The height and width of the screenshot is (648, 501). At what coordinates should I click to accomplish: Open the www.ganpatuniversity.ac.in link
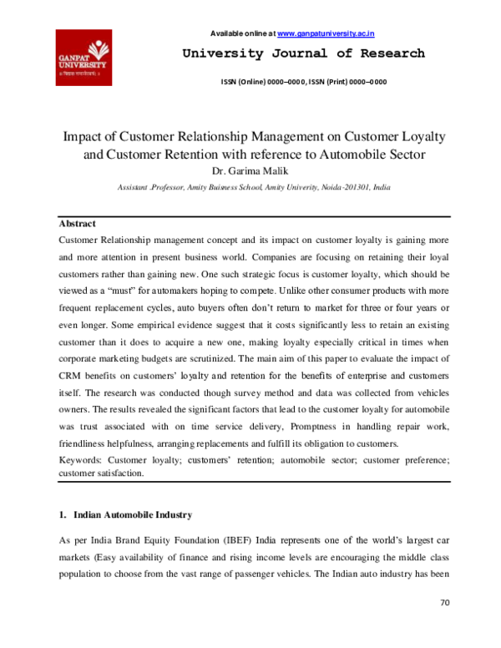pos(325,33)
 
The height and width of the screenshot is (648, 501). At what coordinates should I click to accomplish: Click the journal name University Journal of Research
pos(303,53)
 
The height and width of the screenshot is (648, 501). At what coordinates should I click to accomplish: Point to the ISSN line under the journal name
pos(303,82)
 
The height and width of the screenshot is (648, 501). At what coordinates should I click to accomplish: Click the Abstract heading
pos(77,224)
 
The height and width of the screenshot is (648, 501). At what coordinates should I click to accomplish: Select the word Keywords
pos(82,461)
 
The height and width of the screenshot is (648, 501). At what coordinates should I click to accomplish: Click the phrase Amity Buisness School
pos(220,190)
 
